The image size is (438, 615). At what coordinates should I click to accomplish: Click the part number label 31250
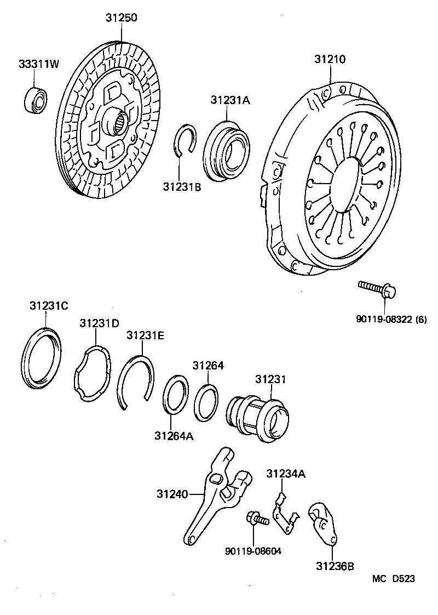tap(121, 18)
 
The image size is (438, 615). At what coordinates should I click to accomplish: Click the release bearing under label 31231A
tap(225, 151)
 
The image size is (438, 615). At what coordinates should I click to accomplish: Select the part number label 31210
tap(330, 59)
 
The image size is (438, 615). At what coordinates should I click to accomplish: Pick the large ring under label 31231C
tap(42, 359)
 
